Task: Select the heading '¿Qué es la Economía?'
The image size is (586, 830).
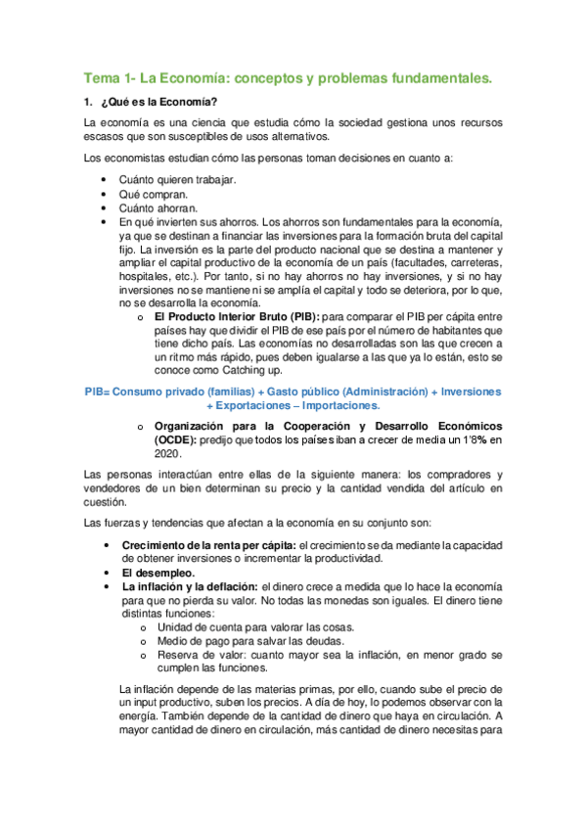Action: [166, 103]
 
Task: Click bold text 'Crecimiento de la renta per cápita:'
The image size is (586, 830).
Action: [208, 545]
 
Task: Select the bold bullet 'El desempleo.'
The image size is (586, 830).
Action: [158, 573]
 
